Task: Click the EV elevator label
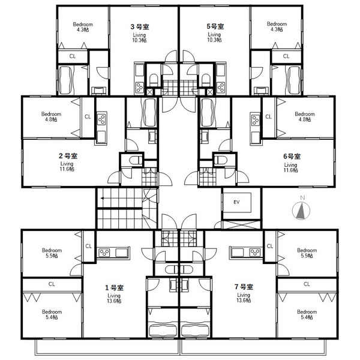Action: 236,202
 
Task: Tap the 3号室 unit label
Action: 140,26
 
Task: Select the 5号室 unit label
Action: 215,26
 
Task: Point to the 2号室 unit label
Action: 68,156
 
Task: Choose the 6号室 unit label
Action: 292,156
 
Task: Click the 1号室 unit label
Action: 114,287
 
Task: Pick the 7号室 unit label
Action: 244,287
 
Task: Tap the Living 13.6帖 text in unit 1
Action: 114,298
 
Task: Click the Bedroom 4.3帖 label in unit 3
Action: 83,27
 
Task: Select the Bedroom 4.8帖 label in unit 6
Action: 305,116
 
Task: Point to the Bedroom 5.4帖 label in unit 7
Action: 307,314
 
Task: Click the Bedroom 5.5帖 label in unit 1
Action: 52,253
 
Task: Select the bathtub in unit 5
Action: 294,80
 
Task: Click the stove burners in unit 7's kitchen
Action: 255,253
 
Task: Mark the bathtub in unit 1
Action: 163,329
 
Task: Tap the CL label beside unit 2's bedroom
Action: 88,116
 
